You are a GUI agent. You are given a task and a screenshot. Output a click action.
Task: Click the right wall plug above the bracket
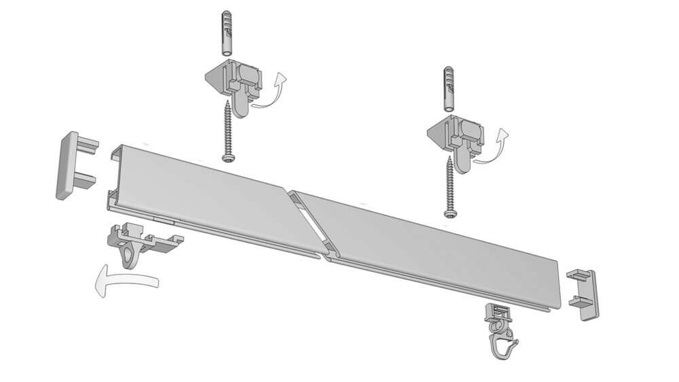tap(448, 88)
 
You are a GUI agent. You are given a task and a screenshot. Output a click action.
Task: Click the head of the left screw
tap(227, 158)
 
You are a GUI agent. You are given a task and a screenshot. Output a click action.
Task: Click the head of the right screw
tap(449, 213)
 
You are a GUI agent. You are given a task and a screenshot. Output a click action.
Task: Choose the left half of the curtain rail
tap(204, 197)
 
